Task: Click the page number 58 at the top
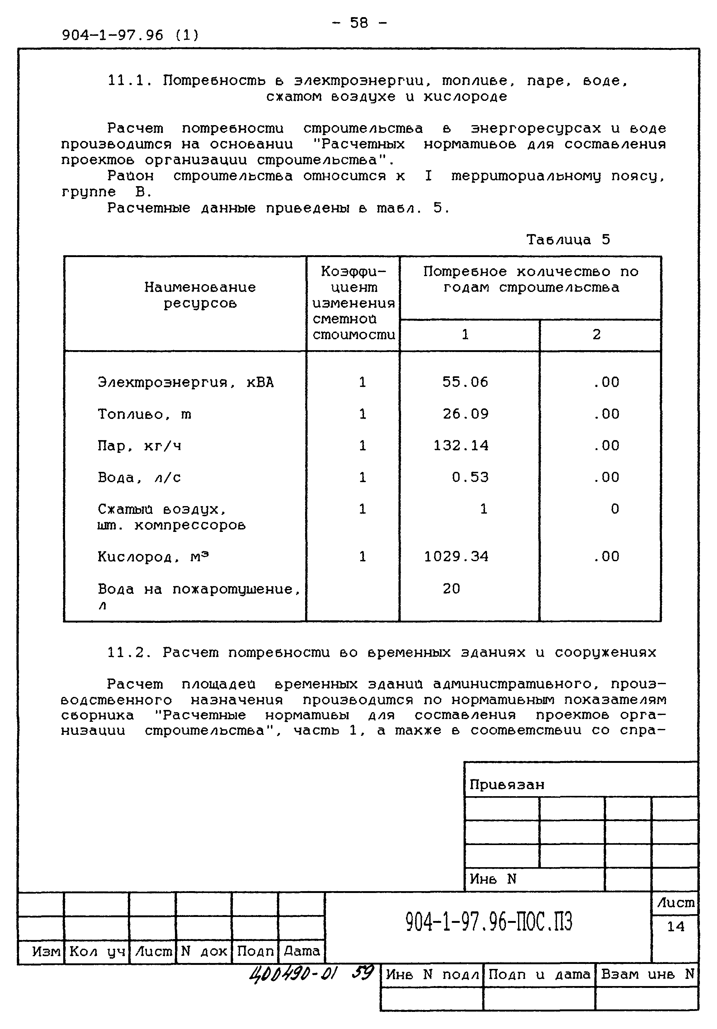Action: point(359,23)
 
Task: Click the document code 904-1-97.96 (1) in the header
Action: point(130,35)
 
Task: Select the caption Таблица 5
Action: point(568,240)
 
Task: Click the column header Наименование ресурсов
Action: point(200,295)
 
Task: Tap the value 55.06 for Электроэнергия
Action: point(465,382)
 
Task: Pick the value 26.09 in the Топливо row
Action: point(465,414)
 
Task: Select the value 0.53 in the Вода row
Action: point(470,477)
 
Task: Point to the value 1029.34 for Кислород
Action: point(456,557)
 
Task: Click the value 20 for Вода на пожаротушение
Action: point(451,589)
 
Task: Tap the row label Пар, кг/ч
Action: point(139,446)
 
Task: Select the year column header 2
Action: point(597,334)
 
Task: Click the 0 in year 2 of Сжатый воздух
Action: point(615,509)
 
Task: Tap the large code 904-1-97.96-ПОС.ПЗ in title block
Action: point(489,922)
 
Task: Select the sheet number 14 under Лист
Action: point(675,926)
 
